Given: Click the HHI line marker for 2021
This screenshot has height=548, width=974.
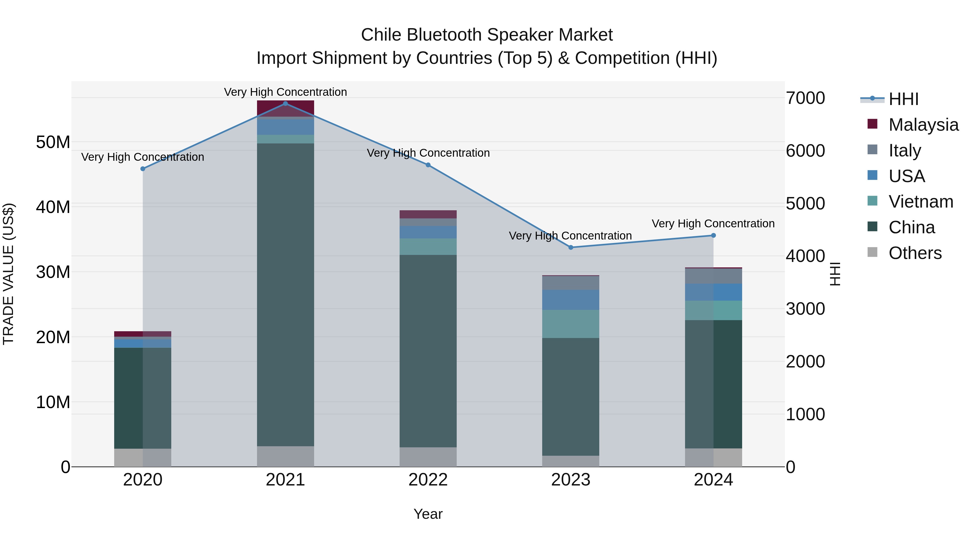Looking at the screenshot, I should (x=285, y=104).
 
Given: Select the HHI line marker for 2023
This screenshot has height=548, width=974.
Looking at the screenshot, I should (x=571, y=247).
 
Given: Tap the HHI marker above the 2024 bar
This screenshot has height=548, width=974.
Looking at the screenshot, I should (x=713, y=235).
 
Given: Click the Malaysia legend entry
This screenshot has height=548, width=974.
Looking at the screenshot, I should (x=923, y=124).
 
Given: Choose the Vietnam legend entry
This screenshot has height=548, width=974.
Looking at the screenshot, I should (x=920, y=202).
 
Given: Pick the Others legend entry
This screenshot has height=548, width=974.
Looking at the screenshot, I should (x=915, y=253).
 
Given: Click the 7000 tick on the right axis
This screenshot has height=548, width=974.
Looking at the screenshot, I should (x=805, y=98).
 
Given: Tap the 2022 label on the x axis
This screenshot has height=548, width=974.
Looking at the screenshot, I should (x=428, y=480).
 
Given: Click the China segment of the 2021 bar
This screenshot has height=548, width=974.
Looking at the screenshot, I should (x=285, y=295).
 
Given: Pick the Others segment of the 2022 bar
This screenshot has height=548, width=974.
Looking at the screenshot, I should (x=428, y=457).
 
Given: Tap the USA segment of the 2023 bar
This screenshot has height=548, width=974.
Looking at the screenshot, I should (x=571, y=300).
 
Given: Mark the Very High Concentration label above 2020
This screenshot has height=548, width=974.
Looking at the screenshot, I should (x=143, y=157).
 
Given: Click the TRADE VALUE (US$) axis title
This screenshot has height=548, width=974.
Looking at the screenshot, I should (x=8, y=274).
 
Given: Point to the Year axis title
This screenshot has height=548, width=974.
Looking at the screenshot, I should (x=428, y=514).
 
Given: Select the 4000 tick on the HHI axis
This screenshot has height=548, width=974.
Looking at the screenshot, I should (x=805, y=256).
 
